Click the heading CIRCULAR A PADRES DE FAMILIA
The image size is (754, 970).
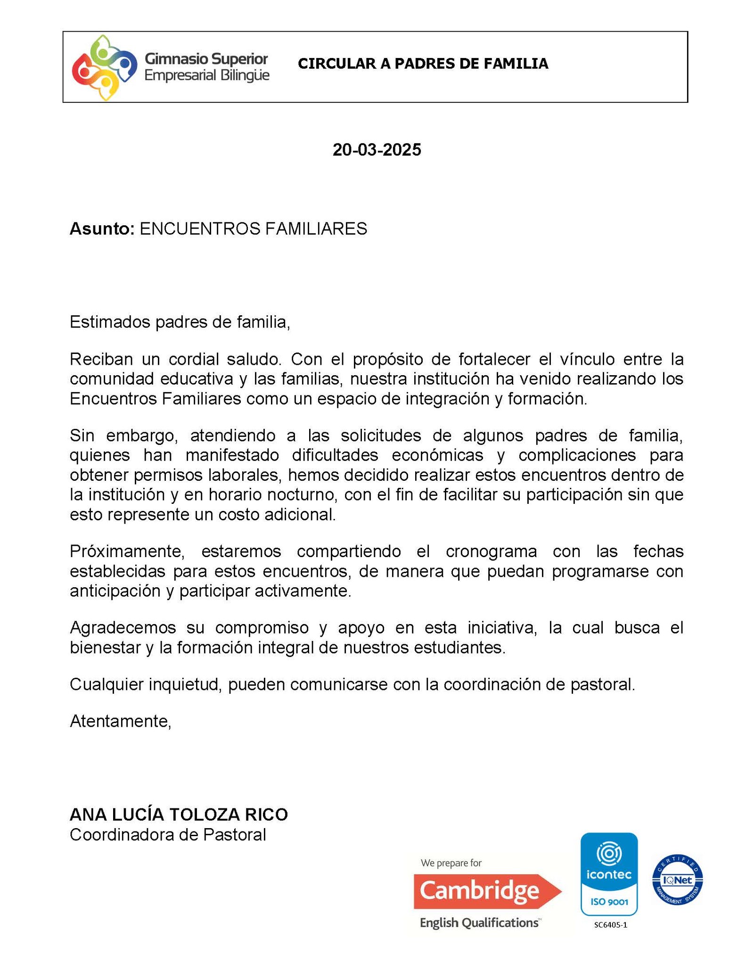423,64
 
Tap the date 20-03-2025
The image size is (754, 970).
377,150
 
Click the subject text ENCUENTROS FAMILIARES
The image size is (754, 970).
253,229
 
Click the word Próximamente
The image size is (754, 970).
127,551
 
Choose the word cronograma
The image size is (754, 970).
491,551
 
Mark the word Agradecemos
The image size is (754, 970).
123,627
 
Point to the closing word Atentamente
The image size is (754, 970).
120,721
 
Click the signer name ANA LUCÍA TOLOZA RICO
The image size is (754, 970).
179,814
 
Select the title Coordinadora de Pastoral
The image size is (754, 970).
168,835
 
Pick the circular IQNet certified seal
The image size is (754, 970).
677,880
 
